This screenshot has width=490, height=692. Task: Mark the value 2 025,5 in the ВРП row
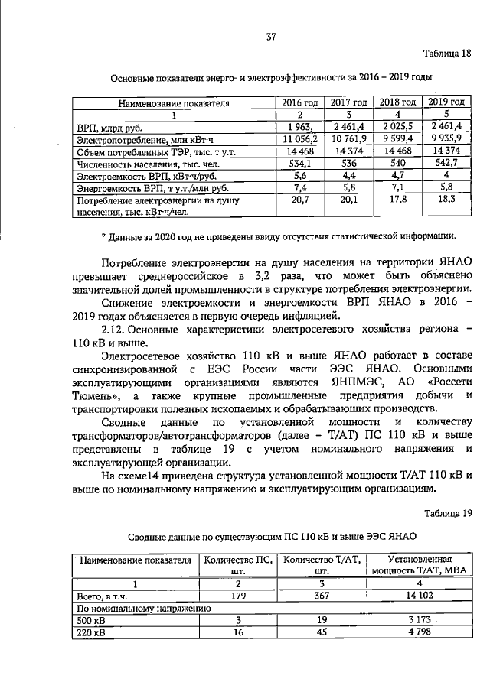tap(397, 127)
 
